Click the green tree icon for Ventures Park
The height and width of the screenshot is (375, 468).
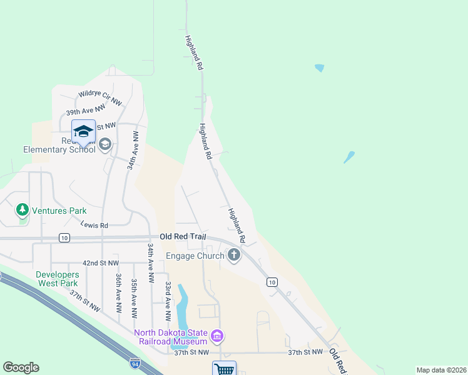(x=23, y=209)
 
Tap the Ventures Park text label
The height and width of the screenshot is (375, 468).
(x=59, y=211)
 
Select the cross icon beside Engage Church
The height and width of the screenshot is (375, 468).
(x=234, y=254)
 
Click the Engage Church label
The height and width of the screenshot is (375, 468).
(x=195, y=256)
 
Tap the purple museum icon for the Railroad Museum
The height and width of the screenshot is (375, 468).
(x=216, y=337)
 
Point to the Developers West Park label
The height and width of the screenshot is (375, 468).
(x=57, y=279)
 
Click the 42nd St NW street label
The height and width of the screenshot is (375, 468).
(x=100, y=264)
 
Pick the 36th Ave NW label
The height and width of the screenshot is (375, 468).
(x=118, y=292)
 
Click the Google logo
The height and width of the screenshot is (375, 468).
(x=21, y=367)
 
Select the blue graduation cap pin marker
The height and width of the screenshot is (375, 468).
(x=83, y=132)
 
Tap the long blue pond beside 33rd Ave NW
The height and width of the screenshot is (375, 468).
(x=183, y=306)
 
